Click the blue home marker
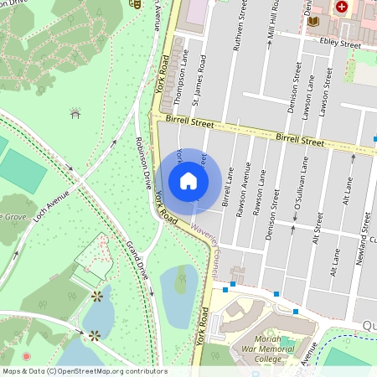188,181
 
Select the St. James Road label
198,87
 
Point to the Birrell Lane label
226,187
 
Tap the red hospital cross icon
341,7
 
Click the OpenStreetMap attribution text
85,370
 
